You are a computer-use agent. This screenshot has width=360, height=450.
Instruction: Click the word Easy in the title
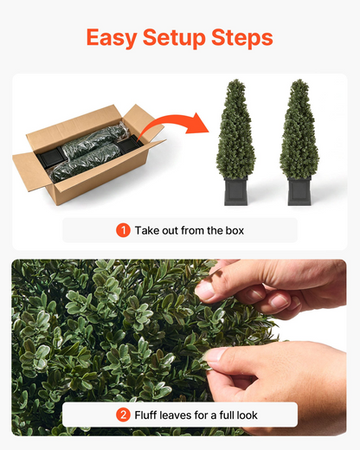(x=112, y=38)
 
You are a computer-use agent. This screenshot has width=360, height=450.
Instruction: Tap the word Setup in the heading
(x=174, y=38)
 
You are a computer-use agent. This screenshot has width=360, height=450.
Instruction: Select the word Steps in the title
(x=242, y=38)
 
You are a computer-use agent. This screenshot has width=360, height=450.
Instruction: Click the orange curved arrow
(x=173, y=124)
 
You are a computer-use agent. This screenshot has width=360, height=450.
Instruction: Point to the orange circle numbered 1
(x=123, y=230)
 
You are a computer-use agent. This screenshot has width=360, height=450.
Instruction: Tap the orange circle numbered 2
(x=123, y=415)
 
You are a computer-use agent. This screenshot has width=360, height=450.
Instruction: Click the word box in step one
(x=235, y=230)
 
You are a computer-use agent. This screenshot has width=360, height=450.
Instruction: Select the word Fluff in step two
(x=145, y=415)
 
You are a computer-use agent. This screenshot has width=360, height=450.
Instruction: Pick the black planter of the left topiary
(x=235, y=191)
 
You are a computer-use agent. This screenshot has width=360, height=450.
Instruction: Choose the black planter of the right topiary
(x=299, y=191)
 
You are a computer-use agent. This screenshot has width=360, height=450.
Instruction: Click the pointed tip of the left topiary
(x=236, y=80)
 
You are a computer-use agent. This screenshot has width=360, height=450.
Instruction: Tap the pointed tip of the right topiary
(x=300, y=80)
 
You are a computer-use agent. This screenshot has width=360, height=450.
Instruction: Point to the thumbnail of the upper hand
(x=205, y=290)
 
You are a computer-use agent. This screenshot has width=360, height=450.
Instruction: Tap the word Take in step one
(x=147, y=230)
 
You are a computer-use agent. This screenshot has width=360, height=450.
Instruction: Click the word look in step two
(x=247, y=415)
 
